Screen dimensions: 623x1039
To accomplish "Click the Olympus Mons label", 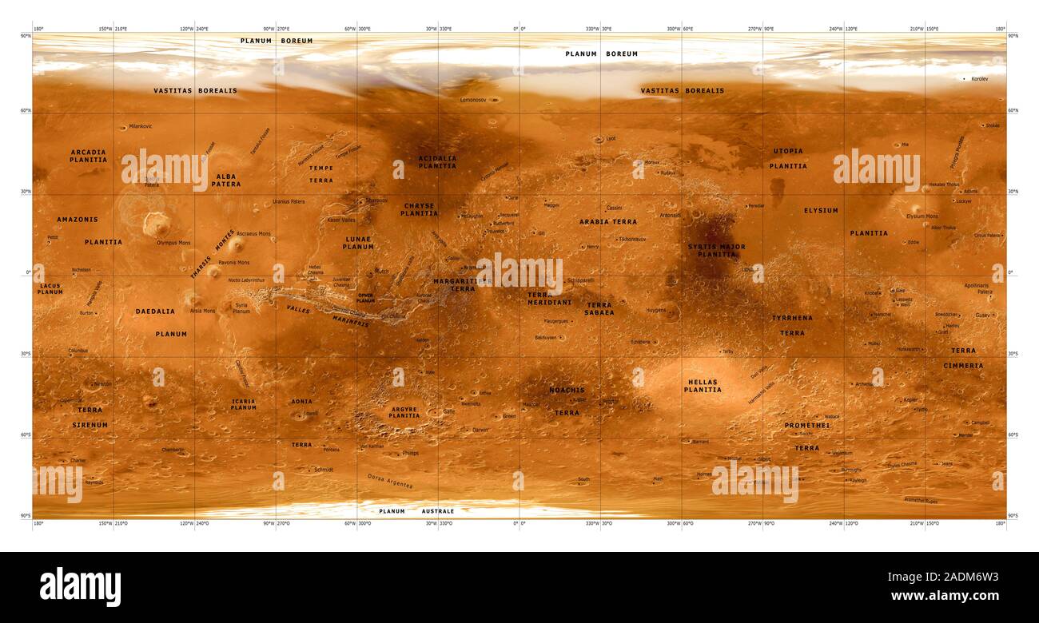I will [x=173, y=242].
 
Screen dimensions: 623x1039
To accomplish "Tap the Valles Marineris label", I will [x=328, y=315].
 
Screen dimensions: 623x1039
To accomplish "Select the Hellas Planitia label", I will [x=703, y=386].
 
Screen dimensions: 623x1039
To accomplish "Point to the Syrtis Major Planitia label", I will [x=716, y=251].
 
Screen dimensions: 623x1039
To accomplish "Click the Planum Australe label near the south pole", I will [x=416, y=511].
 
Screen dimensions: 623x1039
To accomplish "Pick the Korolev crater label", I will [x=979, y=79].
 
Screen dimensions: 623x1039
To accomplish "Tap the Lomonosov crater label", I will [x=475, y=100].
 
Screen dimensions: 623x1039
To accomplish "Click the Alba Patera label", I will [x=226, y=180].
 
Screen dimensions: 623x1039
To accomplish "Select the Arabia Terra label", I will [x=608, y=221].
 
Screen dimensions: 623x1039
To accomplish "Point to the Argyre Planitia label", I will [x=404, y=412].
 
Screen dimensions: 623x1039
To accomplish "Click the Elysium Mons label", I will [x=922, y=216].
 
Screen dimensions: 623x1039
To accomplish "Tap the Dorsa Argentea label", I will [x=390, y=481].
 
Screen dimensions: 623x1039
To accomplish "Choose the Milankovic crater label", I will [x=141, y=126].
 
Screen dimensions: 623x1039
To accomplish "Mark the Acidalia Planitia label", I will [x=437, y=162].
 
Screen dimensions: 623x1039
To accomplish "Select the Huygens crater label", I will [x=655, y=310].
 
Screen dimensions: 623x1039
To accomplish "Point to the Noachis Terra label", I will [x=567, y=401].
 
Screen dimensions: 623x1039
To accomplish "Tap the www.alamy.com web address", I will [x=944, y=596].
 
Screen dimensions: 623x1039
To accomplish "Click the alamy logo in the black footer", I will [x=80, y=587].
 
